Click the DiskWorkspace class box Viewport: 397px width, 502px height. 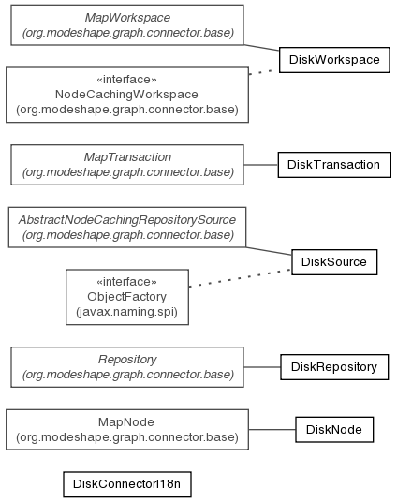[334, 60]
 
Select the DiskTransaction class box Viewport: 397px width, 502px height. [334, 165]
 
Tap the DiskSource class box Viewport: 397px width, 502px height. [334, 262]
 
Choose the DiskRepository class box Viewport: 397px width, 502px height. [334, 367]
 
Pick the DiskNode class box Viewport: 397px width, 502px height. [334, 430]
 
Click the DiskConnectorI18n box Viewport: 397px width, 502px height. [127, 484]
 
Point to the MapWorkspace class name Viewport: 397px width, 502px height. [127, 18]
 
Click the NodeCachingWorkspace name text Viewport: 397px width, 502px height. [126, 95]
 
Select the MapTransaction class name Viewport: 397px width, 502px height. [127, 157]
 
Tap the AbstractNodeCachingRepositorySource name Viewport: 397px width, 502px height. [127, 220]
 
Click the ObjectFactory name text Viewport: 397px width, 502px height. [126, 297]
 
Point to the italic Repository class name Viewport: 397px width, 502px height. [127, 360]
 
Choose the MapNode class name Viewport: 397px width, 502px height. [126, 422]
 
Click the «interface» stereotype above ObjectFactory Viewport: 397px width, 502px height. [126, 282]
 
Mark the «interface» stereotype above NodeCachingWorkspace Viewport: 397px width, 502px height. [126, 80]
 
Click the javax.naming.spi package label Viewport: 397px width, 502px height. [126, 312]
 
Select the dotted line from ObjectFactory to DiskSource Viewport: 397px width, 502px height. [240, 278]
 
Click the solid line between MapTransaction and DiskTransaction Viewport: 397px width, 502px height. [260, 165]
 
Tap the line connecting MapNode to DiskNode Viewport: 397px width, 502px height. [272, 430]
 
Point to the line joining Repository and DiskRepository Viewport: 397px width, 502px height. [262, 367]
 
